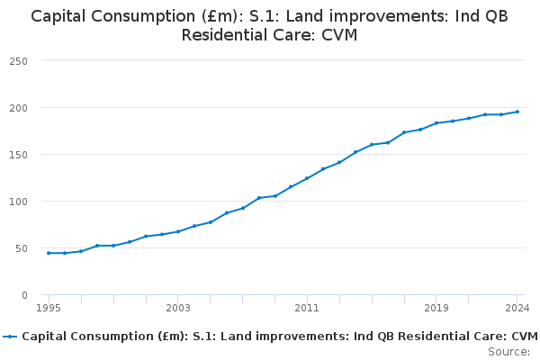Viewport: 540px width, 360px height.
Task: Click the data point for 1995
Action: [x=49, y=253]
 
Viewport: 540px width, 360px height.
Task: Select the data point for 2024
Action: [x=517, y=112]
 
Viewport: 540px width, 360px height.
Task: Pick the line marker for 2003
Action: [x=178, y=231]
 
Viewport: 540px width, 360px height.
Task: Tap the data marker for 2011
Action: [x=307, y=178]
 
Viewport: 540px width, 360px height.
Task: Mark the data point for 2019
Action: [x=436, y=123]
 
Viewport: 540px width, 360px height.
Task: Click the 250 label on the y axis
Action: [x=18, y=61]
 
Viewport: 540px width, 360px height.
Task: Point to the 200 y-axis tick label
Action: [x=18, y=108]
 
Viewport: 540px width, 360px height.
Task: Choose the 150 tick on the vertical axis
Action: [x=18, y=155]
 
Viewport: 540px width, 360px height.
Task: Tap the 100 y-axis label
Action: [x=18, y=202]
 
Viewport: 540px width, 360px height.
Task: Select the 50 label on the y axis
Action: [x=22, y=248]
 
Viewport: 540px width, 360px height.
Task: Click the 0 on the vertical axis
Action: [x=24, y=295]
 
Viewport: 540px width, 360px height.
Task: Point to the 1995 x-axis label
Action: [x=49, y=308]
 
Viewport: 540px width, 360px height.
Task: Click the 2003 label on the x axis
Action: [x=178, y=308]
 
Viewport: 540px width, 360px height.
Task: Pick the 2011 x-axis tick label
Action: [x=307, y=308]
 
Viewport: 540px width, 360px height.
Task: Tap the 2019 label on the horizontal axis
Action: [x=436, y=308]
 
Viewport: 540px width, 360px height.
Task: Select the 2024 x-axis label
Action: [x=517, y=308]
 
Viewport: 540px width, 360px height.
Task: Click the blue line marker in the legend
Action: [x=10, y=337]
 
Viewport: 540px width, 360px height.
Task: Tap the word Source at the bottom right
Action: [x=507, y=352]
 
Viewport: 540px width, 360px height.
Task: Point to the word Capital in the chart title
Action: [x=58, y=17]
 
